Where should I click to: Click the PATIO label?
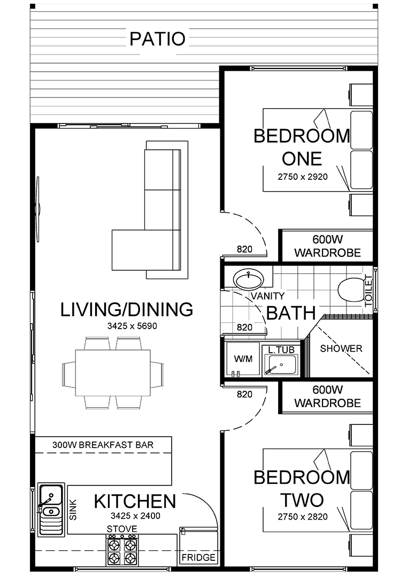pos(157,39)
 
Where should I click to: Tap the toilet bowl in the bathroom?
pos(351,289)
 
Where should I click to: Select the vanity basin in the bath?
pos(249,279)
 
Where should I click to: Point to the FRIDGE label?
pos(198,557)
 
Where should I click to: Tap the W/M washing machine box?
pos(243,359)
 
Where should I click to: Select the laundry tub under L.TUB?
pos(282,365)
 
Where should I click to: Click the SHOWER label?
pos(341,348)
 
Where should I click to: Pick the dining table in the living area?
pos(113,372)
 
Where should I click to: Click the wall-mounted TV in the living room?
pos(37,209)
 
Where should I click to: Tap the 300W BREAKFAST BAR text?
pos(103,445)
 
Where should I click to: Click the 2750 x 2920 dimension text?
pos(303,177)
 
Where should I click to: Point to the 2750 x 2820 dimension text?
pos(303,517)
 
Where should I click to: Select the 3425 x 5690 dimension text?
pos(132,326)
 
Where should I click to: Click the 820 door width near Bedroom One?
pos(244,249)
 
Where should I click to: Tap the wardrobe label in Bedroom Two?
pos(327,396)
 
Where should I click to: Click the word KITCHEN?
pos(135,501)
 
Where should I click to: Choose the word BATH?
pos(291,313)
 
